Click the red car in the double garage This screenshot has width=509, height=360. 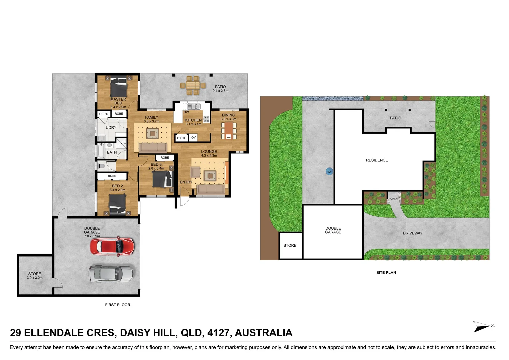112,246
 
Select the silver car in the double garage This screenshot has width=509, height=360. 111,273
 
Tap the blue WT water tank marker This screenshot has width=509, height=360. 329,172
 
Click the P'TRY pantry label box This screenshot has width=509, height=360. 181,138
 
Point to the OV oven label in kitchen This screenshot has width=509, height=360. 193,137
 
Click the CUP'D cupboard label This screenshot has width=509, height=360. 104,114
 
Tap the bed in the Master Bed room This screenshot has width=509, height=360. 118,87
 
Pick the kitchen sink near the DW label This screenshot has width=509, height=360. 193,107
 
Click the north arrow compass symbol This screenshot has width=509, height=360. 483,326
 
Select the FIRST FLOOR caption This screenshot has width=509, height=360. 118,305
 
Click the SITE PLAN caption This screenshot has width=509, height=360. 386,272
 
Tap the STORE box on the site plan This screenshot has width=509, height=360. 290,246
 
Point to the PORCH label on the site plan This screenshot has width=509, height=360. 393,199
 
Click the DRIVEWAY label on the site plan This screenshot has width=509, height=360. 412,233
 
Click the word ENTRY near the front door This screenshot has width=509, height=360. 186,182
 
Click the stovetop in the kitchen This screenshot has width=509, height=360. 206,119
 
